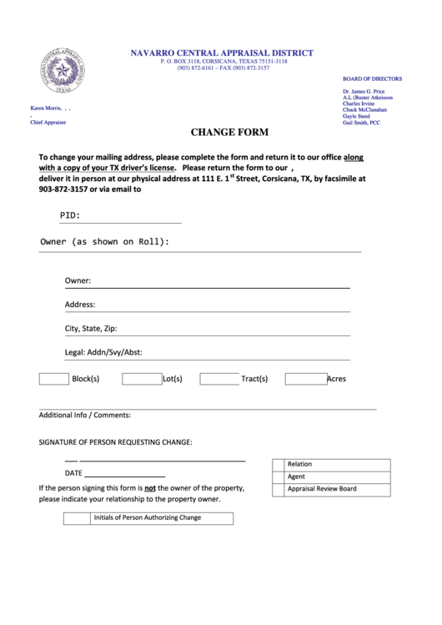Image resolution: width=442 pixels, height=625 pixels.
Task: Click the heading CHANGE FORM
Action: (229, 132)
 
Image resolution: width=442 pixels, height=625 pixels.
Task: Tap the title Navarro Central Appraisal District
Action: (221, 53)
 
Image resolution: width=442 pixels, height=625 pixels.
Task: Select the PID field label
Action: (70, 216)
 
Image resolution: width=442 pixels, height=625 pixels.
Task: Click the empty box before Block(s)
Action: (54, 379)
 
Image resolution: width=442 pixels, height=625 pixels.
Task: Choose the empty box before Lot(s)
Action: (141, 379)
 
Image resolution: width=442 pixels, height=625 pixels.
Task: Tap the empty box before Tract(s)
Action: (219, 379)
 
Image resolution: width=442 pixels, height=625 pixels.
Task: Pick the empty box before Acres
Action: (305, 379)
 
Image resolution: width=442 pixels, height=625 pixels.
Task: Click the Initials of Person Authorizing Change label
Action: (148, 517)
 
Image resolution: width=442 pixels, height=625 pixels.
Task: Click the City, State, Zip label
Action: (91, 329)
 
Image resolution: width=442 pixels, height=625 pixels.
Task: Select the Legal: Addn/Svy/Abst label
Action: (103, 352)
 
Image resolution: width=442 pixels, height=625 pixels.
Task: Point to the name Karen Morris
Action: (48, 108)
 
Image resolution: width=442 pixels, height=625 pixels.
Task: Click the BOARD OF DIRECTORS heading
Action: (372, 79)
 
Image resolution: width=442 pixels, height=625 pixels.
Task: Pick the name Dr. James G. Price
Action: (364, 90)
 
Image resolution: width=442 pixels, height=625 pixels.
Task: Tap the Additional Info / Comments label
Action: (85, 415)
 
